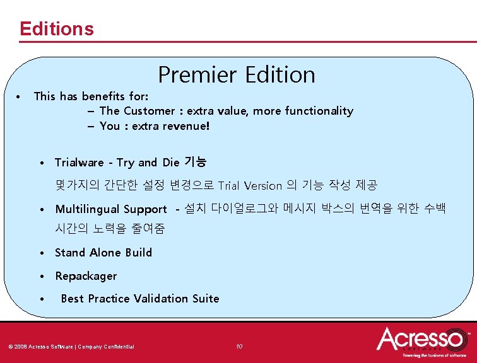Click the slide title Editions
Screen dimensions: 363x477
(57, 29)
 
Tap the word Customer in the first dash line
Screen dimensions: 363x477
(150, 111)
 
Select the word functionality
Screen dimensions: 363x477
(319, 111)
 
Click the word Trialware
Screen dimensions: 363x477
(79, 163)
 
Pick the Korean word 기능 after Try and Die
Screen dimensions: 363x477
(194, 163)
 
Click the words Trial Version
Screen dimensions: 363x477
(250, 185)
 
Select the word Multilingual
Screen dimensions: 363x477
(88, 209)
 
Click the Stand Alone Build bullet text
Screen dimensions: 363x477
(103, 253)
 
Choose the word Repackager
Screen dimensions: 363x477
(86, 276)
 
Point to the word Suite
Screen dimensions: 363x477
(206, 299)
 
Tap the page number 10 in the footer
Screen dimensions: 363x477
(238, 346)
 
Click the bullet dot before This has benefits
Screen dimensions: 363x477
(20, 96)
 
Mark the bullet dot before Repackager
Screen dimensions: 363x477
(40, 276)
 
